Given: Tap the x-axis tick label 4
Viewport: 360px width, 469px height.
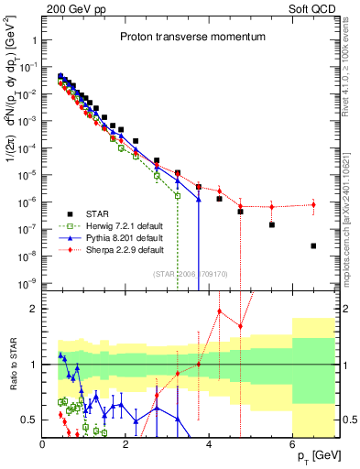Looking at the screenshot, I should click(x=210, y=443).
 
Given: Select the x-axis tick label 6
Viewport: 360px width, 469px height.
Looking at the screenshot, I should click(x=292, y=443).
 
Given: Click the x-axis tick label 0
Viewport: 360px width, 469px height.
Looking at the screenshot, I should click(x=43, y=443).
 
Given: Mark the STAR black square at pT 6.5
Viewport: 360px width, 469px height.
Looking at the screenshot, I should click(x=313, y=245).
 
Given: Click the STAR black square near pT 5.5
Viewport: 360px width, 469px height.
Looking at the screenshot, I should click(x=272, y=224).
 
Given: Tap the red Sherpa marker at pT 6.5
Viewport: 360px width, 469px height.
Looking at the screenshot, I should click(x=313, y=204).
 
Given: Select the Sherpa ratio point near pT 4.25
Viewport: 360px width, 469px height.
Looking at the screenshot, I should click(x=220, y=311).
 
